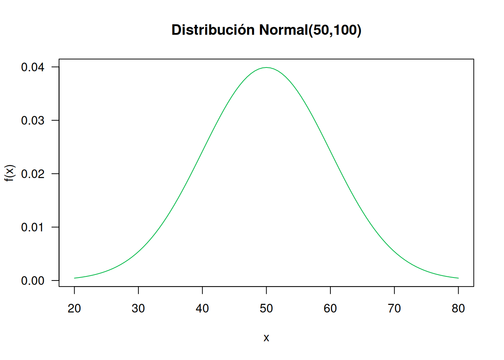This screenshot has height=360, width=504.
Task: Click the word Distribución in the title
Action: point(213,30)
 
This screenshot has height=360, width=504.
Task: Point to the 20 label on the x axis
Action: point(74,309)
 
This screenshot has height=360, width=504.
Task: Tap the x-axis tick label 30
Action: point(138,309)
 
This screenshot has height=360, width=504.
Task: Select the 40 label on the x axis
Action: point(202,309)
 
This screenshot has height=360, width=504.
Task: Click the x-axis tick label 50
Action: point(266,309)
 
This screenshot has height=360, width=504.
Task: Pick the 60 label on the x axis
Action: point(330,309)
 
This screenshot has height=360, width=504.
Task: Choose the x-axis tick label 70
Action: point(394,309)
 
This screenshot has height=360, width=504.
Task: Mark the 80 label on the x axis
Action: point(458,309)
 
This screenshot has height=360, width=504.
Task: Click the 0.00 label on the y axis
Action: point(33,280)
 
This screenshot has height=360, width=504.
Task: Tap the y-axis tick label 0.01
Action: point(33,227)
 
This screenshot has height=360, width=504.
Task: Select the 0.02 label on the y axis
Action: point(33,174)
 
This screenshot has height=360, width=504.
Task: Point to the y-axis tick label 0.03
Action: point(33,121)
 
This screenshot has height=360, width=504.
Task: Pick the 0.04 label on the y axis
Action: point(33,67)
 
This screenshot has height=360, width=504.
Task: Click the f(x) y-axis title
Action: point(9,173)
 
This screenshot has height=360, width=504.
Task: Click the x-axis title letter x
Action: point(266,338)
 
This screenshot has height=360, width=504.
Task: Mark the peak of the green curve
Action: point(266,67)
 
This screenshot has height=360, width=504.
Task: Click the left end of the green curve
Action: point(75,278)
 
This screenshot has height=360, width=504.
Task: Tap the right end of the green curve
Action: point(458,278)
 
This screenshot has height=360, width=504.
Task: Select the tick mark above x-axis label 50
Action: point(266,290)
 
